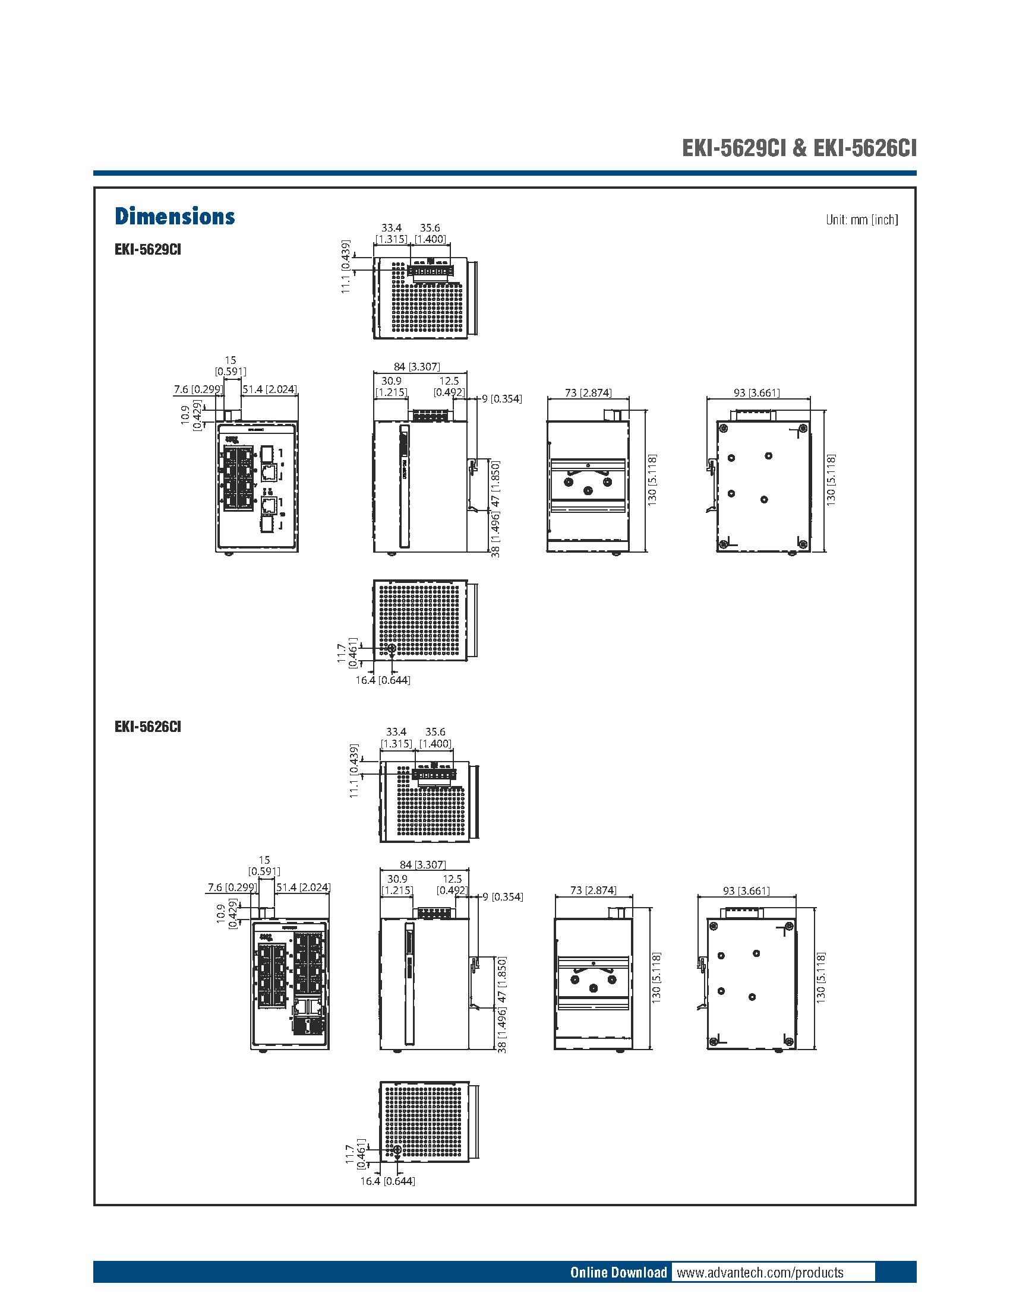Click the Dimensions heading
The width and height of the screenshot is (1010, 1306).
coord(175,217)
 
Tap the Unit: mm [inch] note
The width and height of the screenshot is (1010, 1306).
coord(861,220)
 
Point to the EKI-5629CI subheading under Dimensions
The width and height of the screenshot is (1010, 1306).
coord(148,249)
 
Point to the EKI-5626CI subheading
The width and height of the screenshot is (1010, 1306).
coord(148,727)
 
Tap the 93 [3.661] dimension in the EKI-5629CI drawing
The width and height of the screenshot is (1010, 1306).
coord(756,393)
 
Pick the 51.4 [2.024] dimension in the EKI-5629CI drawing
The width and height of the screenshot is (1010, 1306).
coord(269,389)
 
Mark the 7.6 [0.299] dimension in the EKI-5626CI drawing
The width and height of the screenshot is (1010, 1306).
coord(232,887)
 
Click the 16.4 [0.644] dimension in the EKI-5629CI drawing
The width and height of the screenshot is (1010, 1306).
coord(383,680)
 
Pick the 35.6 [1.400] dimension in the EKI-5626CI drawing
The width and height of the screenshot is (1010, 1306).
coord(435,737)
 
